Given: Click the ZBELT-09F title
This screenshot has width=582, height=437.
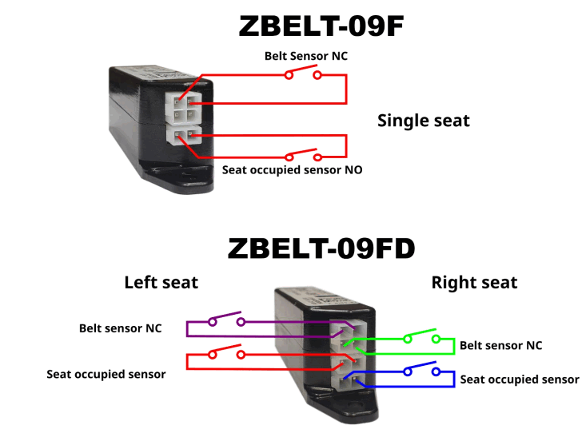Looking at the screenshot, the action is (x=322, y=26).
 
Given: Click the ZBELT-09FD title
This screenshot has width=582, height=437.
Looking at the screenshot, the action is (x=321, y=248).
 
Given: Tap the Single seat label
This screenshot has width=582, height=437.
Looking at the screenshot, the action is (x=423, y=121).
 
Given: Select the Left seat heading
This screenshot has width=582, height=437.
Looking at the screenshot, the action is (x=161, y=282).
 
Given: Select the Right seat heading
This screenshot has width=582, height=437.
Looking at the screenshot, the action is (x=474, y=282).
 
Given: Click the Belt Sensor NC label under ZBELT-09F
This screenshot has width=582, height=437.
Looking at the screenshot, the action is (x=306, y=56).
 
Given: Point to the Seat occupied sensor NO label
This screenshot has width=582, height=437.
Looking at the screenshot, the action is (x=292, y=170).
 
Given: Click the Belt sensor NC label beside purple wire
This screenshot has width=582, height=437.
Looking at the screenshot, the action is (x=120, y=328).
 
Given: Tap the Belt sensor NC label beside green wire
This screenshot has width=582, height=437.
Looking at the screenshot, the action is (x=500, y=346).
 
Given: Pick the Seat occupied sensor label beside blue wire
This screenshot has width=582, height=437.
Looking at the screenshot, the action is (x=519, y=379).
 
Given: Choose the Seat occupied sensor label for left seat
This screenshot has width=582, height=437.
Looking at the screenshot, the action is (x=106, y=374).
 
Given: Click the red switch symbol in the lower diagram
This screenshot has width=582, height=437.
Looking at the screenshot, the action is (x=225, y=352).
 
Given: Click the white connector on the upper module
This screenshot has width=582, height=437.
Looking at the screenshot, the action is (x=182, y=117).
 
